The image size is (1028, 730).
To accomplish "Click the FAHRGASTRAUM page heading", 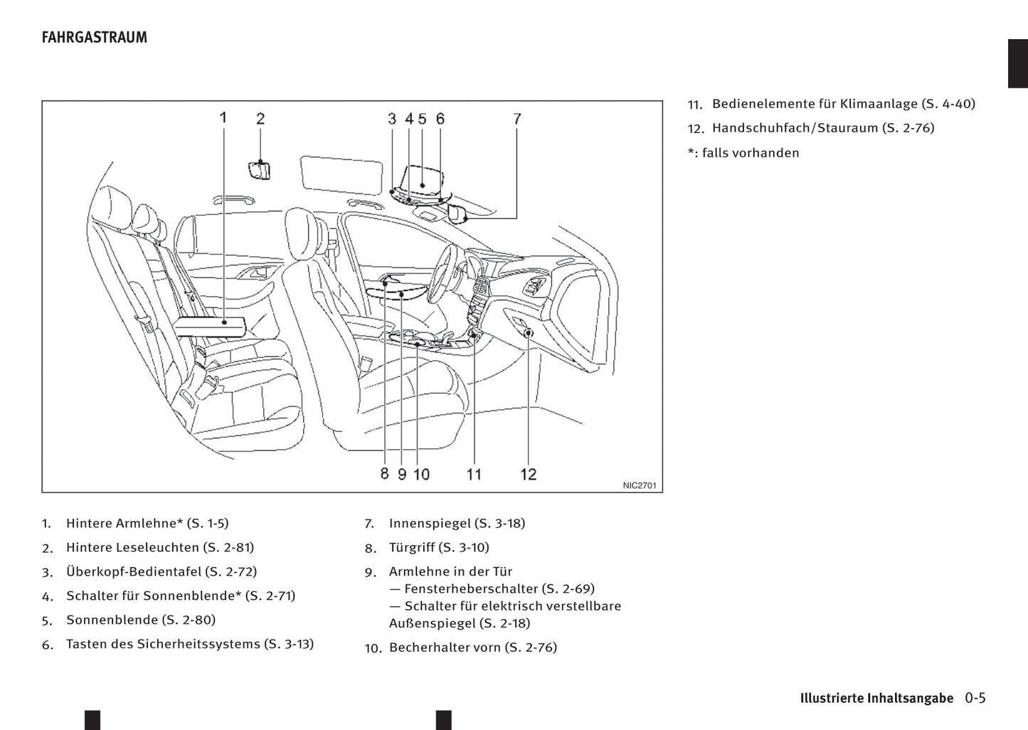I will click(x=94, y=38).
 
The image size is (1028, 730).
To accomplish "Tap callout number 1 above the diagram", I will click(x=223, y=117).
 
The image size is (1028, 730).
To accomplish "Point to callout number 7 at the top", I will click(x=517, y=119).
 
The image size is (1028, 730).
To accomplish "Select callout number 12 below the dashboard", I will click(x=528, y=474).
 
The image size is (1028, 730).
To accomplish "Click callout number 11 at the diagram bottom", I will click(x=474, y=474).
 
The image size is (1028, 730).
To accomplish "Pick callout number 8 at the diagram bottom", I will click(x=384, y=473).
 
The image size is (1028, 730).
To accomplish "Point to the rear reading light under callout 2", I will click(x=260, y=170).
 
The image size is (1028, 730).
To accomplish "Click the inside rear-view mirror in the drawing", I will click(x=457, y=213).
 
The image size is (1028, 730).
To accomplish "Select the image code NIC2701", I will click(x=639, y=485).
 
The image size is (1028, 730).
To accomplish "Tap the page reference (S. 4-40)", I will click(x=948, y=104).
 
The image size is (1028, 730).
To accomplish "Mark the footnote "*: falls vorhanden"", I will click(x=743, y=153).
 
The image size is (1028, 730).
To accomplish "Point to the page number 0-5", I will click(x=975, y=698).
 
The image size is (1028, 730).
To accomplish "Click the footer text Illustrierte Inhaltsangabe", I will click(x=876, y=698).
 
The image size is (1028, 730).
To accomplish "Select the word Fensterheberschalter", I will click(x=470, y=589).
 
